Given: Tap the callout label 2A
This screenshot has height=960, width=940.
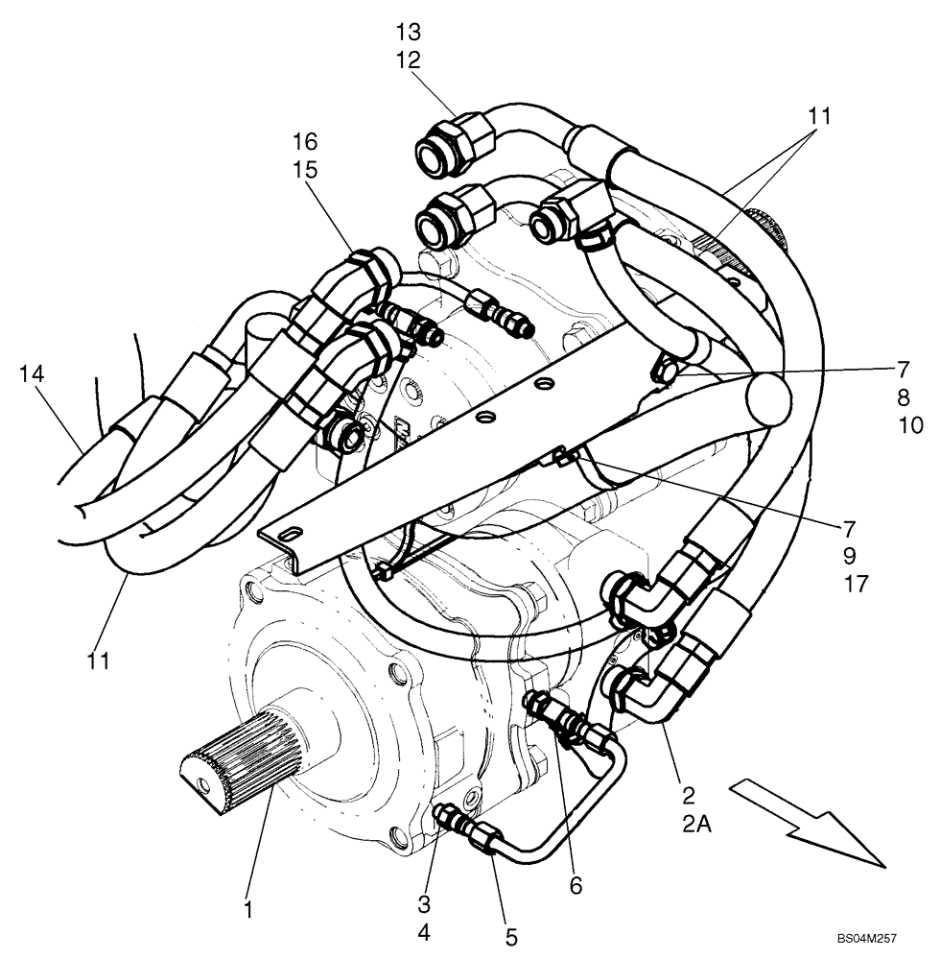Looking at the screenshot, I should (x=689, y=823).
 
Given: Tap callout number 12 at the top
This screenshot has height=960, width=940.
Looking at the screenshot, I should (x=408, y=60).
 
